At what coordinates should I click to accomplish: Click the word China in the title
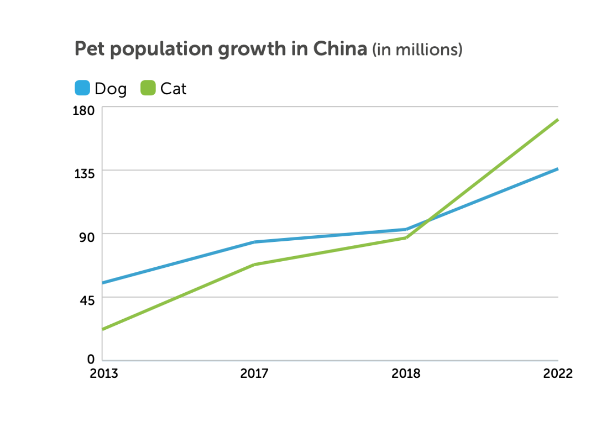pos(339,49)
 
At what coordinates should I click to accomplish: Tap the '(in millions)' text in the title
pos(417,50)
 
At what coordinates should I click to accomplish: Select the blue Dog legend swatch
pos(82,88)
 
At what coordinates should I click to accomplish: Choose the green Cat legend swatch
pos(148,88)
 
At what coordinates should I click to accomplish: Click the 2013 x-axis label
pos(104,374)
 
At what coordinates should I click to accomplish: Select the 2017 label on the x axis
pos(254,374)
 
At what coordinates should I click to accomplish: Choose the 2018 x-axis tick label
pos(406,374)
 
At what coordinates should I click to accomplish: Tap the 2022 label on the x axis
pos(558,374)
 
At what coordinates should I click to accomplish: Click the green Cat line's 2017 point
pos(254,265)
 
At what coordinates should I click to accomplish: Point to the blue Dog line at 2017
pos(254,242)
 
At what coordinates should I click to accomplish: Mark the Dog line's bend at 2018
pos(406,230)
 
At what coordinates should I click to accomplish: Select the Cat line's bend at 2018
pos(406,238)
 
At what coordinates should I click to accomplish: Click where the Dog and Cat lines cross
pos(428,221)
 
